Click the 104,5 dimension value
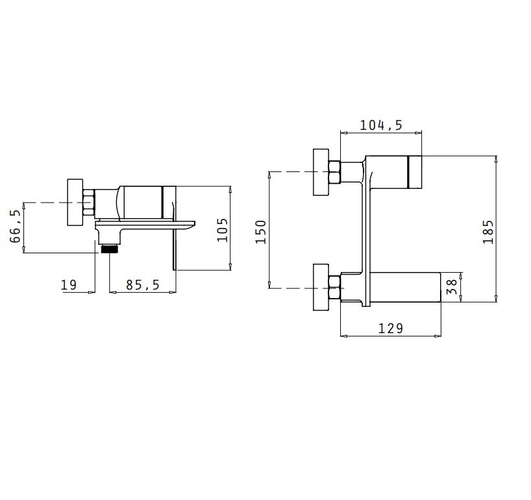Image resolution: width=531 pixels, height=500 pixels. click(380, 125)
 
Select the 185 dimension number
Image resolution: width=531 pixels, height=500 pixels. click(488, 232)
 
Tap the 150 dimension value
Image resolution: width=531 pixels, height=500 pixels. click(261, 232)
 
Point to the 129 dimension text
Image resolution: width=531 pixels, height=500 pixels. click(391, 329)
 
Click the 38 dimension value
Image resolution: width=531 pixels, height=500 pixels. click(452, 287)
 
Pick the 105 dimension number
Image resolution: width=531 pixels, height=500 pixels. click(222, 230)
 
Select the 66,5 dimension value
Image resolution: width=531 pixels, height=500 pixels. click(15, 226)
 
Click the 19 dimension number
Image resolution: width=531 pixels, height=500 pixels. click(69, 285)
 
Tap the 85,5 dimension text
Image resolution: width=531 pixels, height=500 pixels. click(143, 285)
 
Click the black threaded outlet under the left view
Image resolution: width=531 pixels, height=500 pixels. click(108, 249)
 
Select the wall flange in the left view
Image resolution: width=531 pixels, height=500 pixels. click(75, 202)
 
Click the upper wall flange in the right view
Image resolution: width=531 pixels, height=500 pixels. click(321, 172)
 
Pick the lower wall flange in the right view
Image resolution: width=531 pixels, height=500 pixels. click(321, 287)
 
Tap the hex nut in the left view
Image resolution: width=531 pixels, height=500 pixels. click(88, 203)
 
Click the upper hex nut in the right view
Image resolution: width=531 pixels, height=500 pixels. click(334, 172)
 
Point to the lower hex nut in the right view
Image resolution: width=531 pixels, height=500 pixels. click(334, 288)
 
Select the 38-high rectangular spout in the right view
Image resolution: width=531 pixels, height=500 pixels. click(405, 287)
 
